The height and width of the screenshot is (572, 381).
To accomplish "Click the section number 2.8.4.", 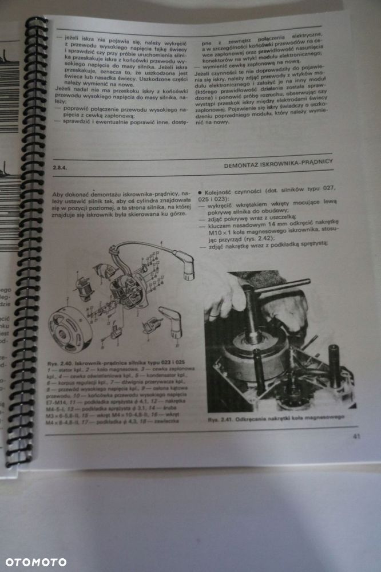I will (x=60, y=166).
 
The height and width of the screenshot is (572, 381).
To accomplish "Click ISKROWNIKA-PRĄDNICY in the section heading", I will (x=298, y=163).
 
